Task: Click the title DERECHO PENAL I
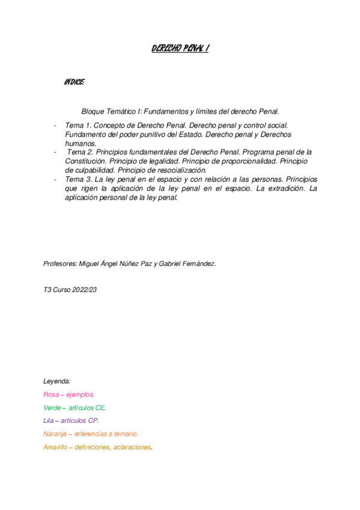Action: [180, 50]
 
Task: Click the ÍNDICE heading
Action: [74, 81]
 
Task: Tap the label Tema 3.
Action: [79, 179]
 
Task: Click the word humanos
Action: [81, 144]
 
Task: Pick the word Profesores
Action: [60, 263]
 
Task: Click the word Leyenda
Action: [57, 381]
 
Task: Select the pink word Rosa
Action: [51, 395]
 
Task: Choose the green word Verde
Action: [52, 408]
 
